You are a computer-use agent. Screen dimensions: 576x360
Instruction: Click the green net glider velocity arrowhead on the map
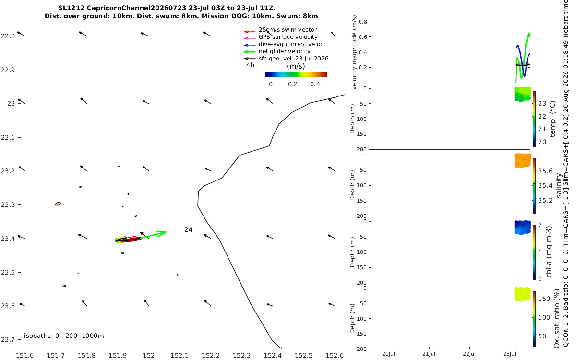163,233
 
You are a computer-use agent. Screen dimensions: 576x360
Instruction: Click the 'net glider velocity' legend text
284,51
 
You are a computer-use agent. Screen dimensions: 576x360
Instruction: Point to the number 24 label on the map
188,229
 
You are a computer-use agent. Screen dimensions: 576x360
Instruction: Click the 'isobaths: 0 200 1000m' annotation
64,336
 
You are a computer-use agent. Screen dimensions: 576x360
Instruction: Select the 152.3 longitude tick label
242,355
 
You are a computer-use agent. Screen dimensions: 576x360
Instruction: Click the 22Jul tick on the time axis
469,354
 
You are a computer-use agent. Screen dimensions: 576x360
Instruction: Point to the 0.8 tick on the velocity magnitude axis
363,22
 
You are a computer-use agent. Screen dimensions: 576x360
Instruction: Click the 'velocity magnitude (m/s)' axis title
354,52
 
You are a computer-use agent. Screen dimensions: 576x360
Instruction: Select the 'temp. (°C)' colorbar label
552,119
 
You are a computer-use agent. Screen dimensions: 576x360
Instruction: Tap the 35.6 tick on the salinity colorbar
545,171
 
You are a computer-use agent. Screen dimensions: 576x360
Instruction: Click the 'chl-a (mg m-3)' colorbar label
549,252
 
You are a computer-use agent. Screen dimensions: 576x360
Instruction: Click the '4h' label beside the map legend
250,65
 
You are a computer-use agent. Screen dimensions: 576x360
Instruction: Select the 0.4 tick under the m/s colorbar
315,84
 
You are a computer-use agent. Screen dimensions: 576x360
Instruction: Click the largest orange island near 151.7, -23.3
58,204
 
